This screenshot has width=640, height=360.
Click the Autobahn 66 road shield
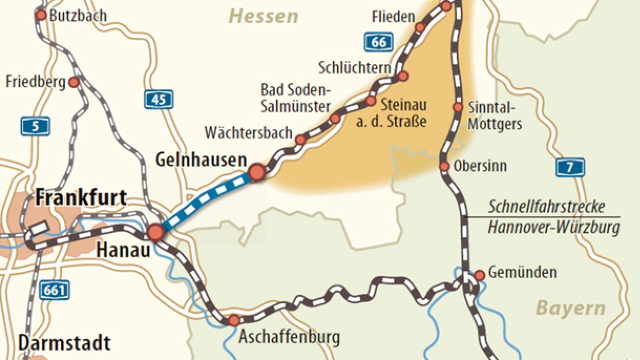378,42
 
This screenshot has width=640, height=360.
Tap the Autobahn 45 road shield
158,99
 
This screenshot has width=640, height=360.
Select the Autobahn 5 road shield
35,126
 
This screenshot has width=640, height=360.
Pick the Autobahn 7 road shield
570,167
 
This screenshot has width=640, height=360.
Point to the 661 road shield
55,290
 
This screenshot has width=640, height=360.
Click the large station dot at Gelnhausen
257,172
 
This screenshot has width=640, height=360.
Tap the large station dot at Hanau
155,233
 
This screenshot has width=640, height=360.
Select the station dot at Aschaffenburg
234,320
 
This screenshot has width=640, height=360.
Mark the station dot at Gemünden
479,275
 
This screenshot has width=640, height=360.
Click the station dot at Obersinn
444,166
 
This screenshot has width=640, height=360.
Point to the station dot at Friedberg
74,82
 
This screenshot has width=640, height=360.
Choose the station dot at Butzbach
41,15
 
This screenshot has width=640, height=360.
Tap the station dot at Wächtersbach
300,139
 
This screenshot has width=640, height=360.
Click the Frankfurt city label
81,198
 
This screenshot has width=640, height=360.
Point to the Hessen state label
263,17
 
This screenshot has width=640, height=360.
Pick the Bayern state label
570,308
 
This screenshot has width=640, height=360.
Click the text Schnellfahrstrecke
547,208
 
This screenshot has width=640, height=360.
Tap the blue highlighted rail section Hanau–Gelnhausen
206,202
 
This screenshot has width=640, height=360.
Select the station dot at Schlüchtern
403,76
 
